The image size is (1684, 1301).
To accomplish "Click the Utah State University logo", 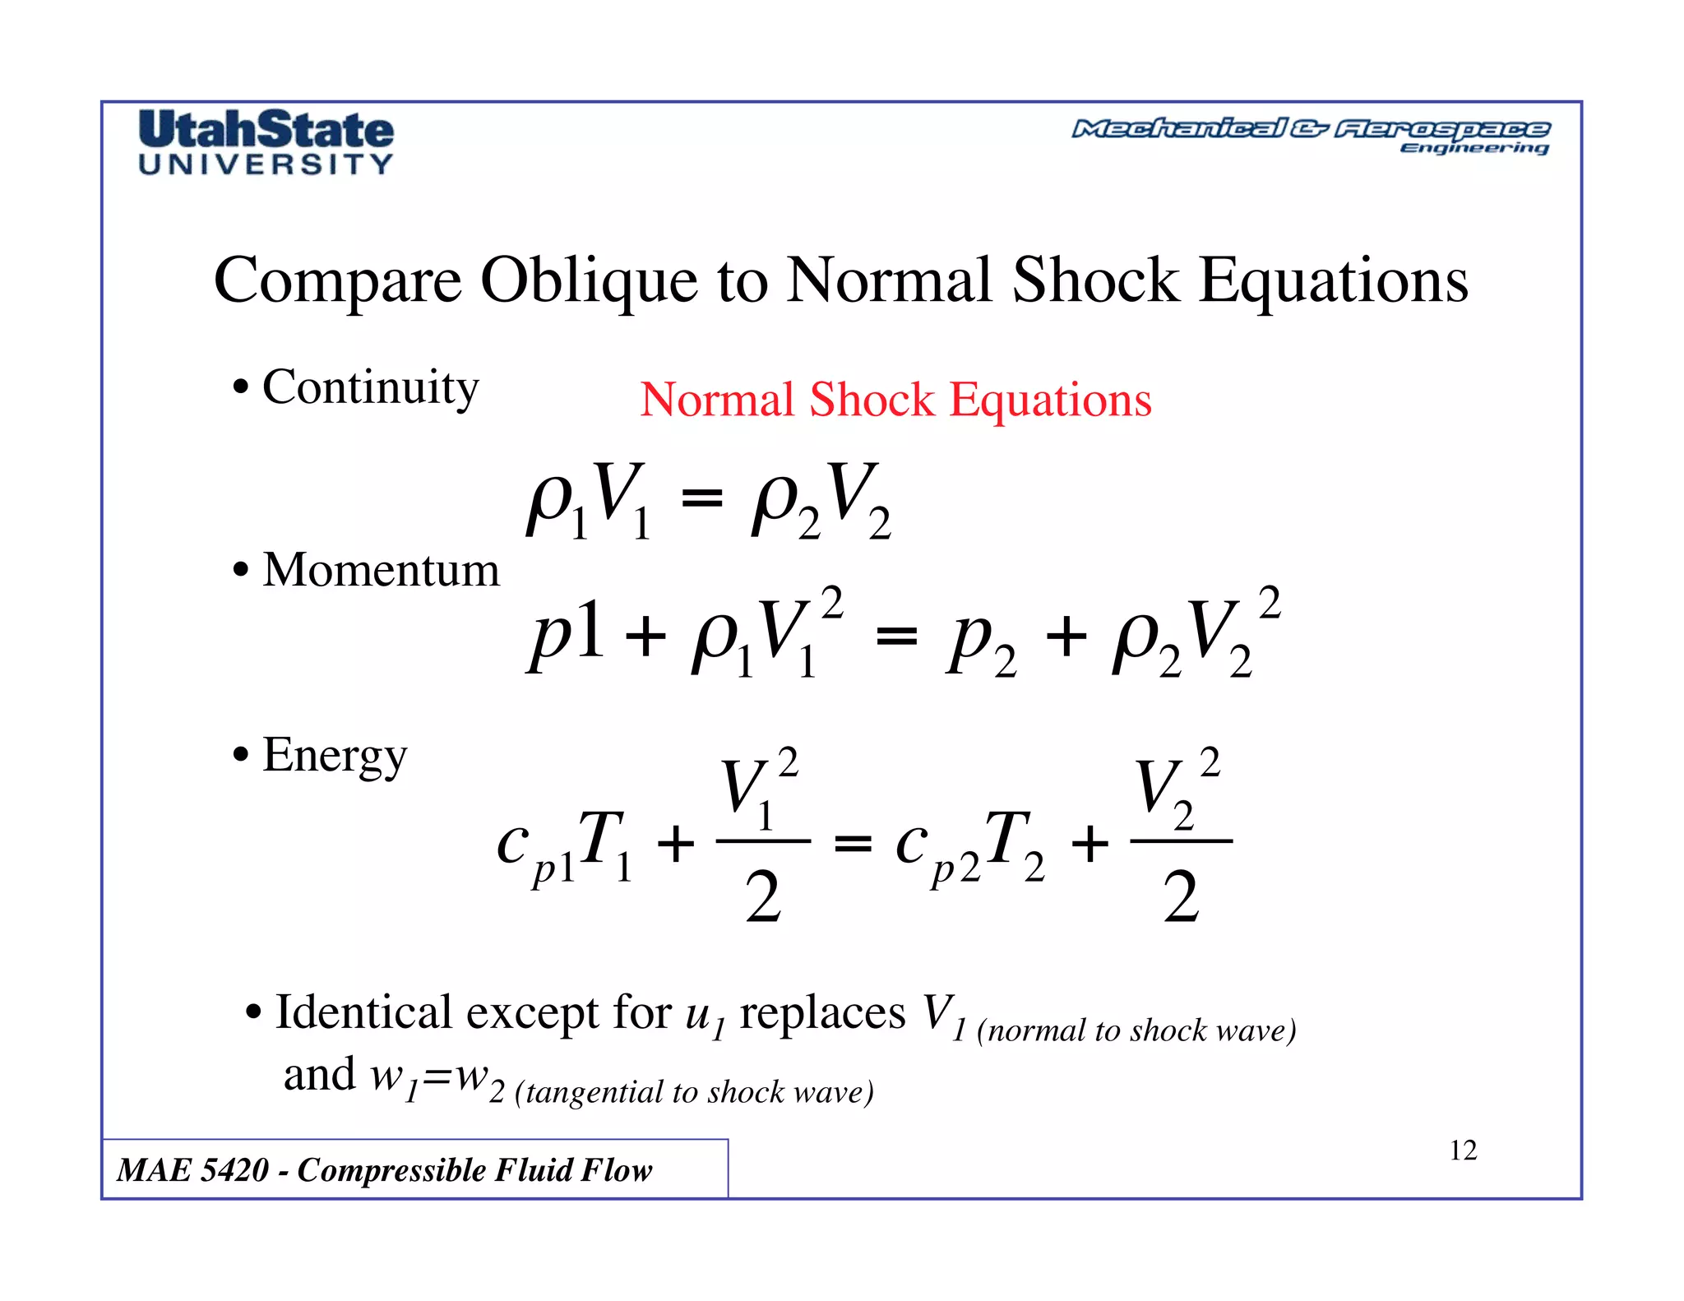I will point(266,142).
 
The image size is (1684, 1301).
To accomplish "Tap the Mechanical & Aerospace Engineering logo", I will point(1310,137).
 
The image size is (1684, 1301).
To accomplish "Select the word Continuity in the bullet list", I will point(370,387).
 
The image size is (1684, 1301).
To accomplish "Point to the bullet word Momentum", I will point(381,570).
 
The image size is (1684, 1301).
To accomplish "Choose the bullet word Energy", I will point(335,756).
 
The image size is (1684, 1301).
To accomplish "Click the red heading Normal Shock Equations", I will point(895,400).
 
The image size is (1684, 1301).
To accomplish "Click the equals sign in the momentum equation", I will point(896,636).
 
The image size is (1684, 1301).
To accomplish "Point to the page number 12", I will point(1463,1151).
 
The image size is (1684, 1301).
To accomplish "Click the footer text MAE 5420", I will point(193,1170).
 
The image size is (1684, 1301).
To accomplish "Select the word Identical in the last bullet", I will point(363,1012).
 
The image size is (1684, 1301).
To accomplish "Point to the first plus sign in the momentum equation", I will point(645,637).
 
